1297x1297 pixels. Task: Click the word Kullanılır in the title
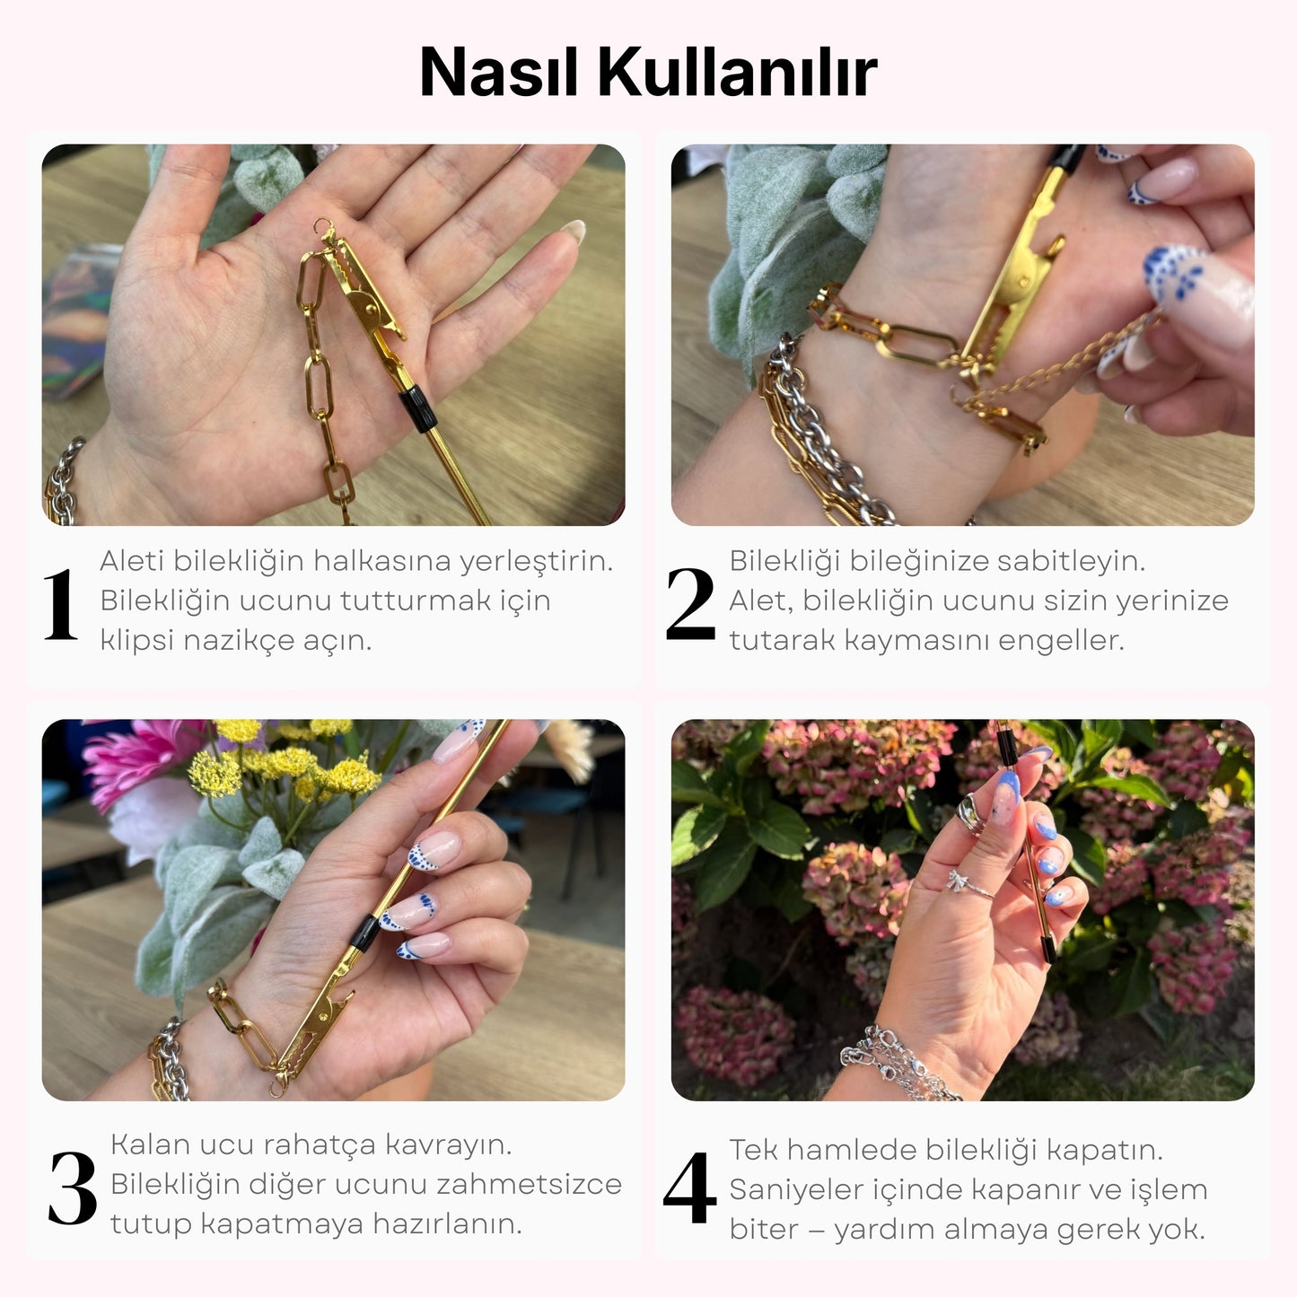point(737,72)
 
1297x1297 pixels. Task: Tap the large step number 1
point(60,605)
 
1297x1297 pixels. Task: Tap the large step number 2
point(689,605)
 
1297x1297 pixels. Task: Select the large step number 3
point(73,1189)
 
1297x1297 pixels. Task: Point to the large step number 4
point(689,1189)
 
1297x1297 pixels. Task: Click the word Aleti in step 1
point(131,561)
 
